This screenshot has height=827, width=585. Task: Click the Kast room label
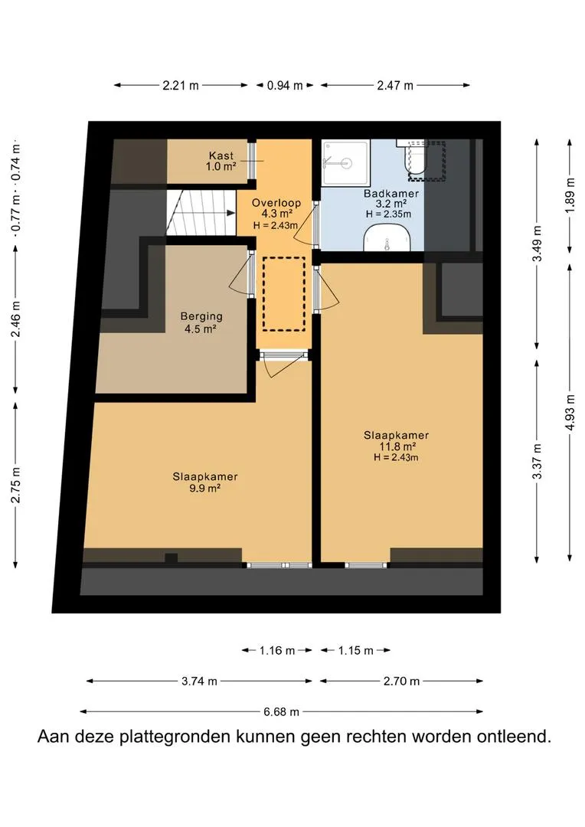[x=221, y=155]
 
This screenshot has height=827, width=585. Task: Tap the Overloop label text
[x=276, y=202]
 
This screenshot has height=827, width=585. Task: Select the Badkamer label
[x=391, y=194]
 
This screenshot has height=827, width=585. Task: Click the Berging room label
[x=201, y=316]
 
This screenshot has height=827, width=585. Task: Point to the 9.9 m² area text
[x=204, y=489]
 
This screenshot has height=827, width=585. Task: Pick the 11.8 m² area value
[x=396, y=446]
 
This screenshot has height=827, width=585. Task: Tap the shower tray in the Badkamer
[x=345, y=162]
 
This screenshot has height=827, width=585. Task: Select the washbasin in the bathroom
[x=387, y=238]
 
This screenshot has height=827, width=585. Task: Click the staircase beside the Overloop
[x=201, y=213]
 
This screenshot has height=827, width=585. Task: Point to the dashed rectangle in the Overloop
[x=284, y=294]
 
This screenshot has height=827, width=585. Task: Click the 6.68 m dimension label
[x=281, y=712]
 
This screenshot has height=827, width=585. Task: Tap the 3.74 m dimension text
[x=199, y=682]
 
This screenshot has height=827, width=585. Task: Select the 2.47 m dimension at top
[x=395, y=86]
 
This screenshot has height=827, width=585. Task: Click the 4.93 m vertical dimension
[x=570, y=412]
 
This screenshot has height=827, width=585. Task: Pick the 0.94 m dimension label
[x=285, y=86]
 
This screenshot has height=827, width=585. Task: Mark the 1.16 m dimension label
[x=277, y=651]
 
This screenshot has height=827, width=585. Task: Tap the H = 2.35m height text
[x=388, y=214]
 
